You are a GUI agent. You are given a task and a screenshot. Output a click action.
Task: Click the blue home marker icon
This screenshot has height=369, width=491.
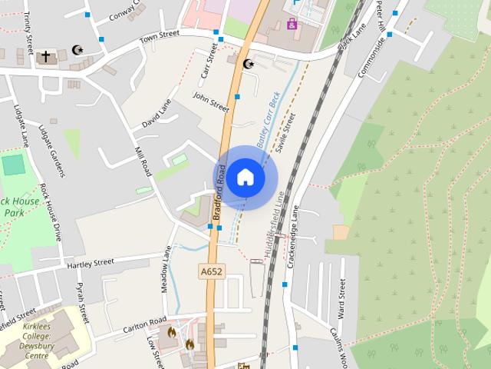point(245,178)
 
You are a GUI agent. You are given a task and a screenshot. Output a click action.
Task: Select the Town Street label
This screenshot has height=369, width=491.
point(158,37)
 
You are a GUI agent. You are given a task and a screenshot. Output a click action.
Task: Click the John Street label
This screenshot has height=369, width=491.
point(211,101)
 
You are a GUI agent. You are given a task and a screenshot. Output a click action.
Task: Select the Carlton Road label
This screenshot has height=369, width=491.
point(144,325)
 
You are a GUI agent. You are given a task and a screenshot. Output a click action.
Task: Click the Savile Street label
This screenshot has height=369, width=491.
point(285,132)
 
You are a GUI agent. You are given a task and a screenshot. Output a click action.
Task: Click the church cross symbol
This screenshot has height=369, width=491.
point(45,56)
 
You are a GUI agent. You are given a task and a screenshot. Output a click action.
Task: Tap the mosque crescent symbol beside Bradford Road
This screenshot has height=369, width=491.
point(247,64)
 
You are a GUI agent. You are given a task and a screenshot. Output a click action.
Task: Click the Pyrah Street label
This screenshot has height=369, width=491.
point(81,302)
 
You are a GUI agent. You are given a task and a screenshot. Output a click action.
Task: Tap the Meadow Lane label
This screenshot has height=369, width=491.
point(166,268)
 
